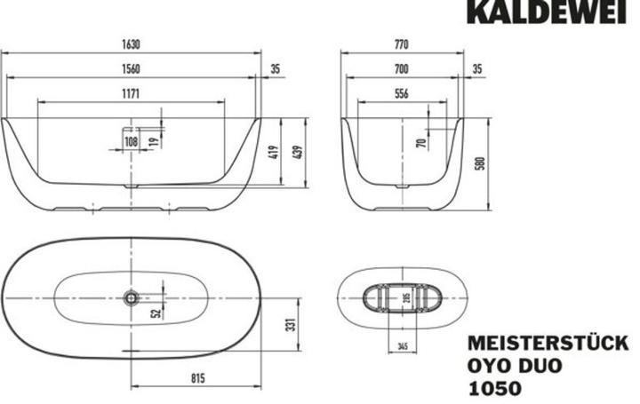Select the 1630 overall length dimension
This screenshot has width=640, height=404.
click(131, 44)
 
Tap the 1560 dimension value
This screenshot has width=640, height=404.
click(131, 67)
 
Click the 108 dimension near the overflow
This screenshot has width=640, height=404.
click(132, 140)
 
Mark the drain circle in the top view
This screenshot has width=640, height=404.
click(132, 297)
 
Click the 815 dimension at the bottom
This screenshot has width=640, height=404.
click(197, 379)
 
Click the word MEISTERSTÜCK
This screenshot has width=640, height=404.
click(548, 344)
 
